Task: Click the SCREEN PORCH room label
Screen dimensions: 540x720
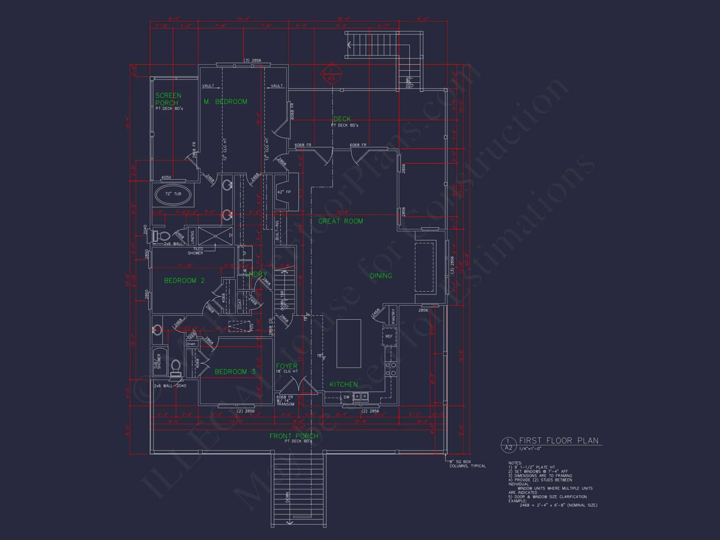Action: point(168,99)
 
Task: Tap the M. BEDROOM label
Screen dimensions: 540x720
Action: point(225,102)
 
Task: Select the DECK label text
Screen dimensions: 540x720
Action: point(342,119)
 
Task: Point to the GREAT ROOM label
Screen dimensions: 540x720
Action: point(341,221)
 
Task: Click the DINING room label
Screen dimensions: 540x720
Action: point(381,276)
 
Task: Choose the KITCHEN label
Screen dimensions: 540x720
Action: point(344,384)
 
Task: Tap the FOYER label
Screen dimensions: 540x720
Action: point(287,366)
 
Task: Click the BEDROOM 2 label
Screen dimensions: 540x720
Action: point(184,281)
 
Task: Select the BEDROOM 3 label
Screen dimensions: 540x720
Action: point(235,372)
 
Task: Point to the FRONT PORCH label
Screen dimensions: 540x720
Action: point(294,436)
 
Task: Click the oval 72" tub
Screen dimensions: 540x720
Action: point(173,194)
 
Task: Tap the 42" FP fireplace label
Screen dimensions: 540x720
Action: point(284,192)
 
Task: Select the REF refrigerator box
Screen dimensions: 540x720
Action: point(389,336)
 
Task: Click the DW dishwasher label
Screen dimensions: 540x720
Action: point(346,397)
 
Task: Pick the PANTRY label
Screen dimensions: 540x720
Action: point(393,315)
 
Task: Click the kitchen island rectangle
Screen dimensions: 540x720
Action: point(348,343)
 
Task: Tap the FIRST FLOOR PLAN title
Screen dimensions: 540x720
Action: point(558,441)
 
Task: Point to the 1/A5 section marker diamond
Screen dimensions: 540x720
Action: point(331,74)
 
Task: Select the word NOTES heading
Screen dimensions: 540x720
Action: point(515,463)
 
